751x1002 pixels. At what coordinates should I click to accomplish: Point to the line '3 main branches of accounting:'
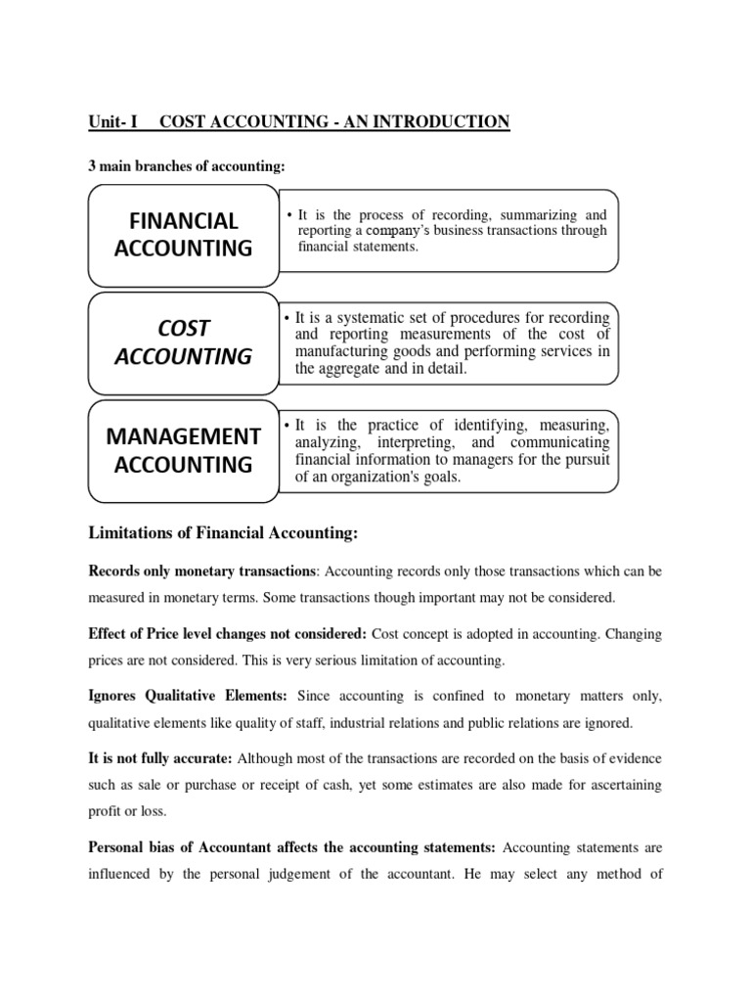click(x=187, y=166)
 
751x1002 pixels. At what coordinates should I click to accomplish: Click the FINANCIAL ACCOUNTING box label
click(x=183, y=235)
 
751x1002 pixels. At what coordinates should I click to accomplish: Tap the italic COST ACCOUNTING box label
click(x=183, y=342)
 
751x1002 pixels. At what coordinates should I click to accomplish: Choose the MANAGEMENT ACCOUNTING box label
click(x=183, y=450)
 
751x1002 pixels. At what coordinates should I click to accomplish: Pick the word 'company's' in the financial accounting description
click(x=401, y=231)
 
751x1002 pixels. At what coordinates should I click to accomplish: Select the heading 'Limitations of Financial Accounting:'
click(x=224, y=532)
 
